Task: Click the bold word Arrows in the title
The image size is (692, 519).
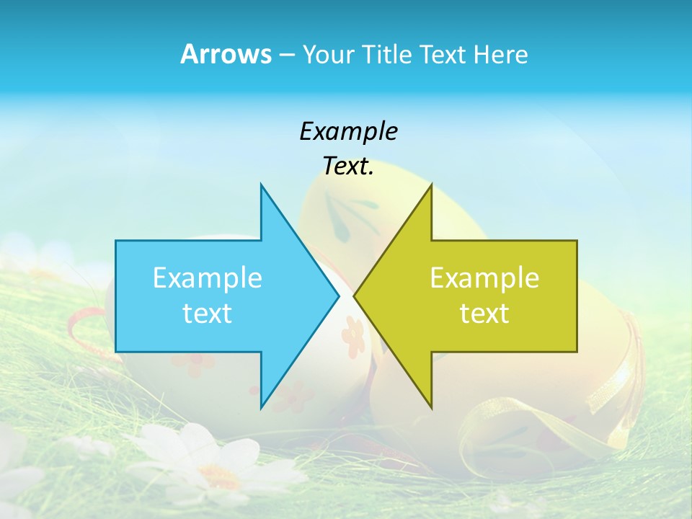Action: tap(226, 54)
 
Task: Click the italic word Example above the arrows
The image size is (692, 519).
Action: tap(348, 131)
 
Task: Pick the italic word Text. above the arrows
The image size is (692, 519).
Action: tap(348, 167)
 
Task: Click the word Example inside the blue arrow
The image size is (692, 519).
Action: tap(208, 278)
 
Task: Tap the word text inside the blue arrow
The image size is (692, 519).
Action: tap(208, 314)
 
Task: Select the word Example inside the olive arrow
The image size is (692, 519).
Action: tap(484, 278)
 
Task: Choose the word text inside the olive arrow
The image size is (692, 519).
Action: tap(484, 314)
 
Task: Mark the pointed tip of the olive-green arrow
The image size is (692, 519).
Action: tap(355, 296)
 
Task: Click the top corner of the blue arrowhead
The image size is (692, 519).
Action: tap(261, 185)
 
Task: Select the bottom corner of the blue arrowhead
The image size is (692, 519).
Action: tap(261, 407)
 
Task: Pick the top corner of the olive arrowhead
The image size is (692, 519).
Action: tap(431, 185)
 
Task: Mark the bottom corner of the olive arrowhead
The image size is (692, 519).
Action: tap(431, 407)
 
